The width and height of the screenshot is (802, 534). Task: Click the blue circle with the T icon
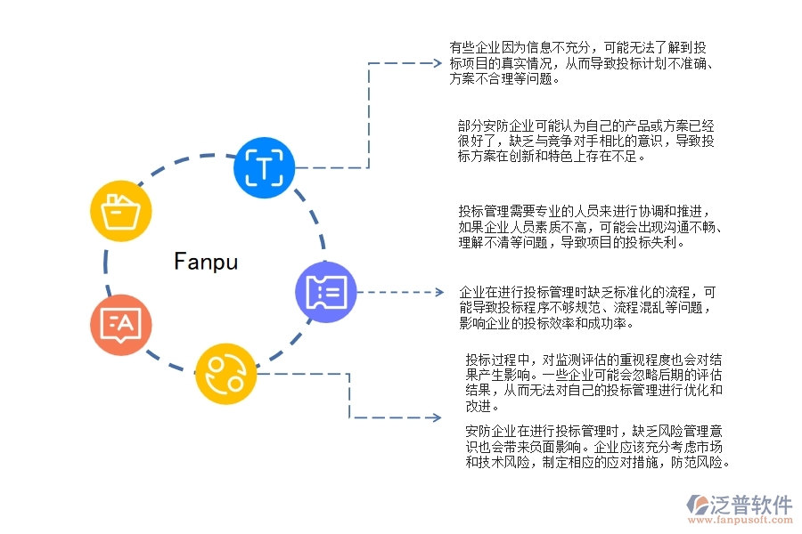point(264,166)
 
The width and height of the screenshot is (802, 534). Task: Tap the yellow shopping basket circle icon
point(121,212)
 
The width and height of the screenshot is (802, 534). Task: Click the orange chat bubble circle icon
point(120,326)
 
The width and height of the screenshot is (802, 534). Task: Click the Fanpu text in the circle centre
point(206,262)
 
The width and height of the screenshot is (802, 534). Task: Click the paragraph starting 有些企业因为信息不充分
point(580,62)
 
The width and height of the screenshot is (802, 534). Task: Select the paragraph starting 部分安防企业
point(585,141)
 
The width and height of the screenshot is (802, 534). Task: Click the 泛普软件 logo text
point(750,505)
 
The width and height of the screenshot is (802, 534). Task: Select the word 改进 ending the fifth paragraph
point(479,407)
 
